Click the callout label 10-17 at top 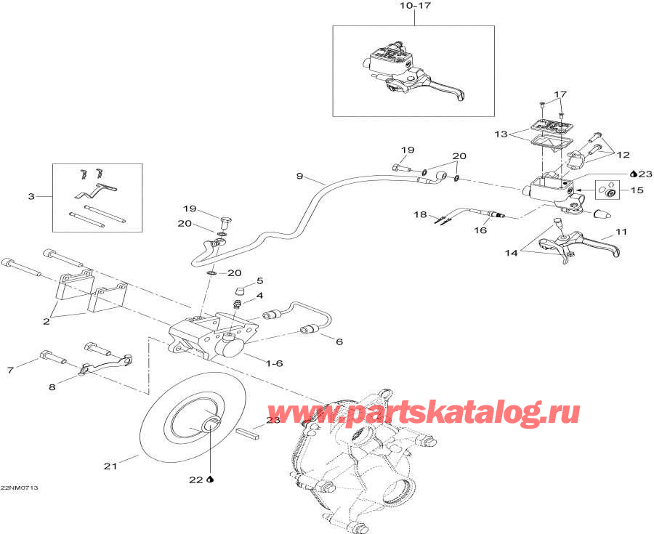tap(415, 7)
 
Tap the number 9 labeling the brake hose tap(299, 177)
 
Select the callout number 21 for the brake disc tap(110, 466)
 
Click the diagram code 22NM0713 tap(19, 488)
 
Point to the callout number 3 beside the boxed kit tap(31, 196)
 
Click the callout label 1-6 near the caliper tap(274, 363)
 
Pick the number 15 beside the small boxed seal tap(637, 190)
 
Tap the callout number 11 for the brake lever tap(621, 232)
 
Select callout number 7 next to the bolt tap(10, 370)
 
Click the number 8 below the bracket tap(52, 387)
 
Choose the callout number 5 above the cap tap(259, 281)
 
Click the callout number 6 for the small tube tap(339, 341)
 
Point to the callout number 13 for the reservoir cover tap(501, 134)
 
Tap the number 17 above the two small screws tap(560, 94)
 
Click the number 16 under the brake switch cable tap(480, 230)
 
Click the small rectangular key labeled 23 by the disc tap(248, 433)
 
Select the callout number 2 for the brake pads tap(47, 321)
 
